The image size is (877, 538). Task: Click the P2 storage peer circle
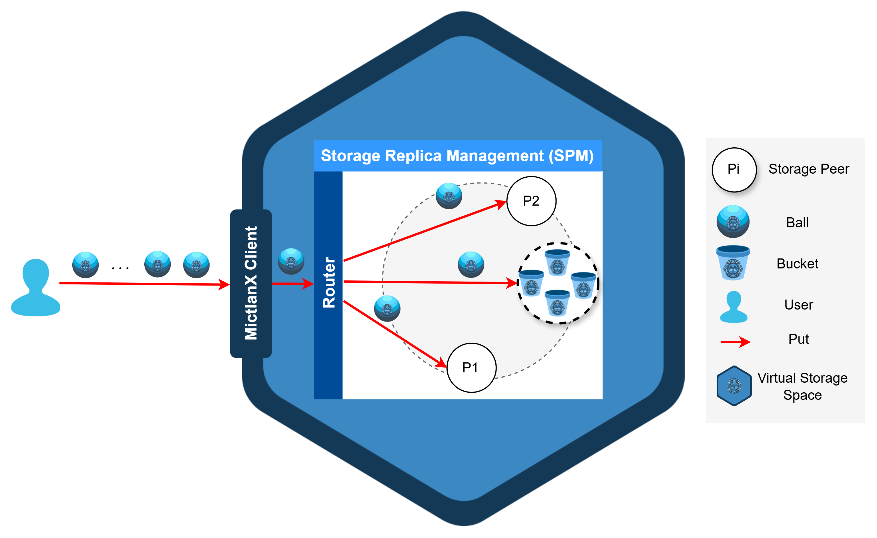(531, 201)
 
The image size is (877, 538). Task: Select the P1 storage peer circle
(471, 368)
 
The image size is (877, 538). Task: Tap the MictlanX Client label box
(251, 283)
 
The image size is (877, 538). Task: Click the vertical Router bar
(328, 285)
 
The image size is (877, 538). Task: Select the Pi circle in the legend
(734, 170)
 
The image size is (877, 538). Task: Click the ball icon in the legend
(733, 222)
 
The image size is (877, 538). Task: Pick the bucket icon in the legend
(733, 263)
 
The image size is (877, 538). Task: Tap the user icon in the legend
(734, 307)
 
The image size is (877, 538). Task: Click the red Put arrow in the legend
(735, 342)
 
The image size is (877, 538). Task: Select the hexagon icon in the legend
(734, 386)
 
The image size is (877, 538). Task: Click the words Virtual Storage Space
(802, 386)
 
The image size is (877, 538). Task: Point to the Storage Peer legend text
(809, 169)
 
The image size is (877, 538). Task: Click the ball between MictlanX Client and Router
(291, 261)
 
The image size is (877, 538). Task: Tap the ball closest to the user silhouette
(85, 265)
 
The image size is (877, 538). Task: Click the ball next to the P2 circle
(449, 196)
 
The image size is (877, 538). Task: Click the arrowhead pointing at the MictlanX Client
(224, 284)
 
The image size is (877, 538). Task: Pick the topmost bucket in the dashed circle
(557, 262)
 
